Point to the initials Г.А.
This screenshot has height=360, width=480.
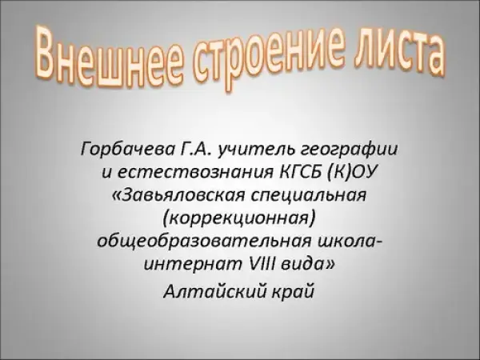[194, 149]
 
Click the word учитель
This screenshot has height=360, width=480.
[256, 150]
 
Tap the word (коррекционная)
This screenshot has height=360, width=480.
[239, 218]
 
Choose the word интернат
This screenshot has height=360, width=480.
[193, 264]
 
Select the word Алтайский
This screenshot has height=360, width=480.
[215, 291]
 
